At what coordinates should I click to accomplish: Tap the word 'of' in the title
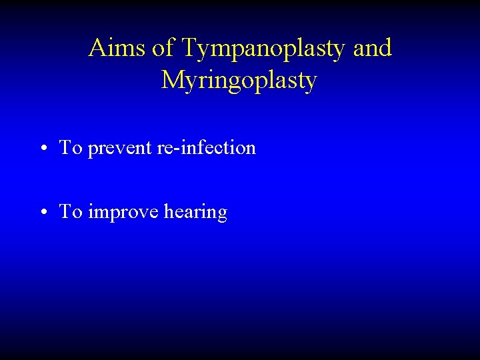click(x=162, y=48)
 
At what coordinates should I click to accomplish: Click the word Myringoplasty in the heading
click(x=239, y=81)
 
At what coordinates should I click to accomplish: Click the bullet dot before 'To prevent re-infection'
click(x=43, y=149)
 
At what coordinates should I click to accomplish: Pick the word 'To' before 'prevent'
click(x=70, y=147)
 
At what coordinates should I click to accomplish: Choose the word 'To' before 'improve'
click(x=70, y=212)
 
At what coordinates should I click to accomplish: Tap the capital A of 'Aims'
click(x=98, y=48)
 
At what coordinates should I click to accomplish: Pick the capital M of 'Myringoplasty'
click(x=172, y=80)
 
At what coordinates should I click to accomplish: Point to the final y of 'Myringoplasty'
click(x=311, y=83)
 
